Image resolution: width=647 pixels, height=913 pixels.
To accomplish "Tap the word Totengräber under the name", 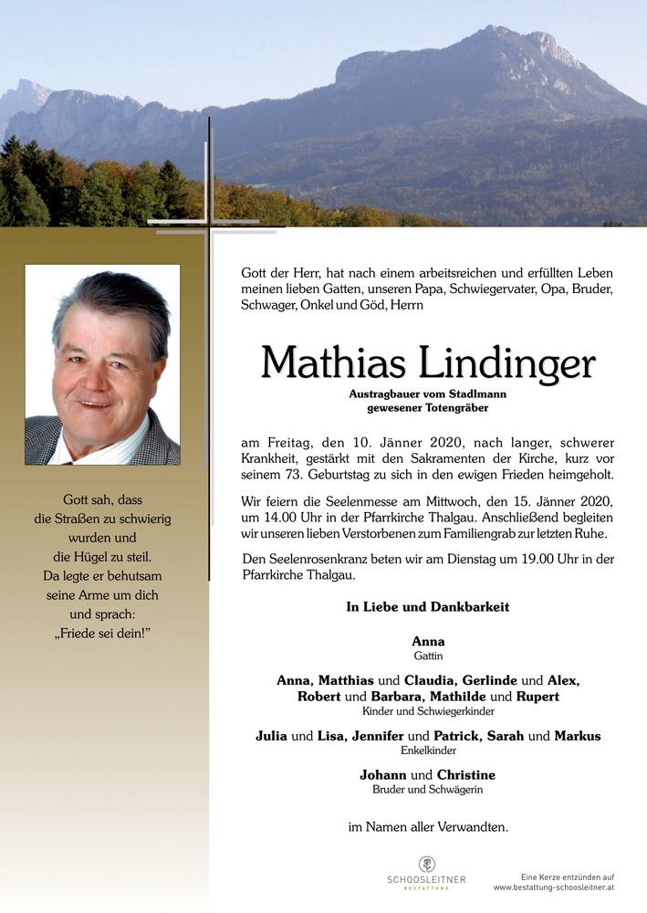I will [x=455, y=407].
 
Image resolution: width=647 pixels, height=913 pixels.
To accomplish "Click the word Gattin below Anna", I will [x=428, y=656].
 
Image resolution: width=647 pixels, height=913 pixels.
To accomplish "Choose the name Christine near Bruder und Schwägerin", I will [x=466, y=775].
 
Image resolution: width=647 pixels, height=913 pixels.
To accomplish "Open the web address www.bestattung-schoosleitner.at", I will [x=554, y=887].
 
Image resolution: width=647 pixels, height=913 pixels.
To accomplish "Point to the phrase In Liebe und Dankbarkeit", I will [x=428, y=607].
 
